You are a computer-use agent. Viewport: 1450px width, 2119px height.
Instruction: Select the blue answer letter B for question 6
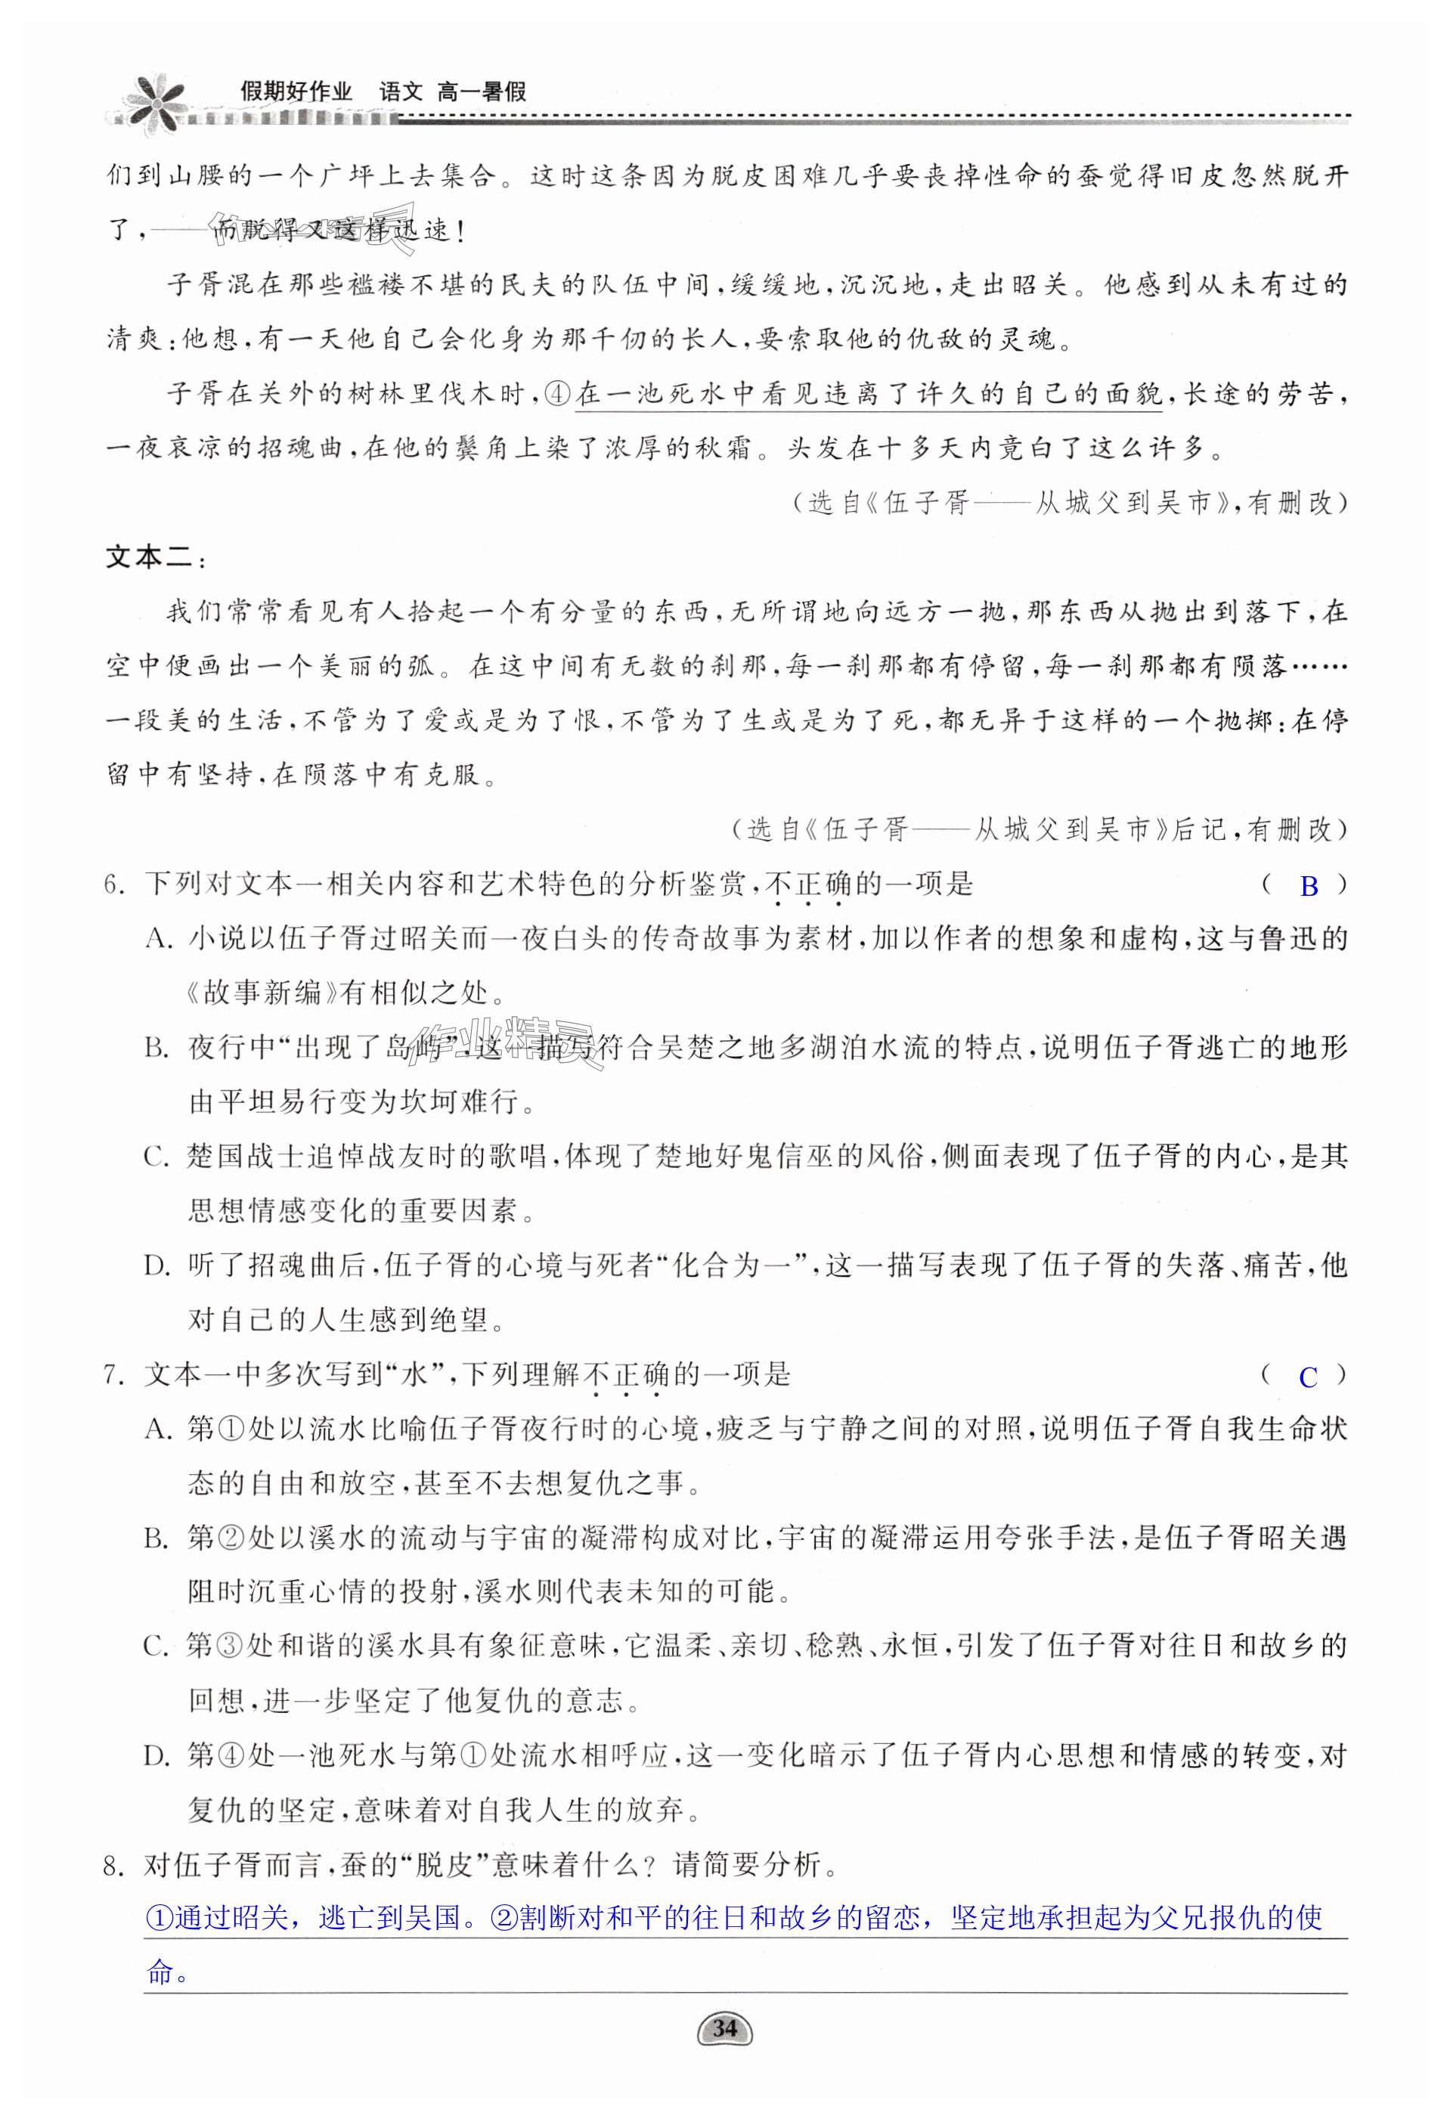[x=1309, y=886]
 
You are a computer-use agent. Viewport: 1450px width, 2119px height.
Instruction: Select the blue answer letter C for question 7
[x=1308, y=1377]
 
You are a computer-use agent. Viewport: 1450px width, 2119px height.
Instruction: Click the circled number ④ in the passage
[x=557, y=395]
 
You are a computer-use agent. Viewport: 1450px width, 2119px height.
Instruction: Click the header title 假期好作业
[x=296, y=91]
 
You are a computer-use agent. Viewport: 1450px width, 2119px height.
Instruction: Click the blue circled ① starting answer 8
[x=159, y=1919]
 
